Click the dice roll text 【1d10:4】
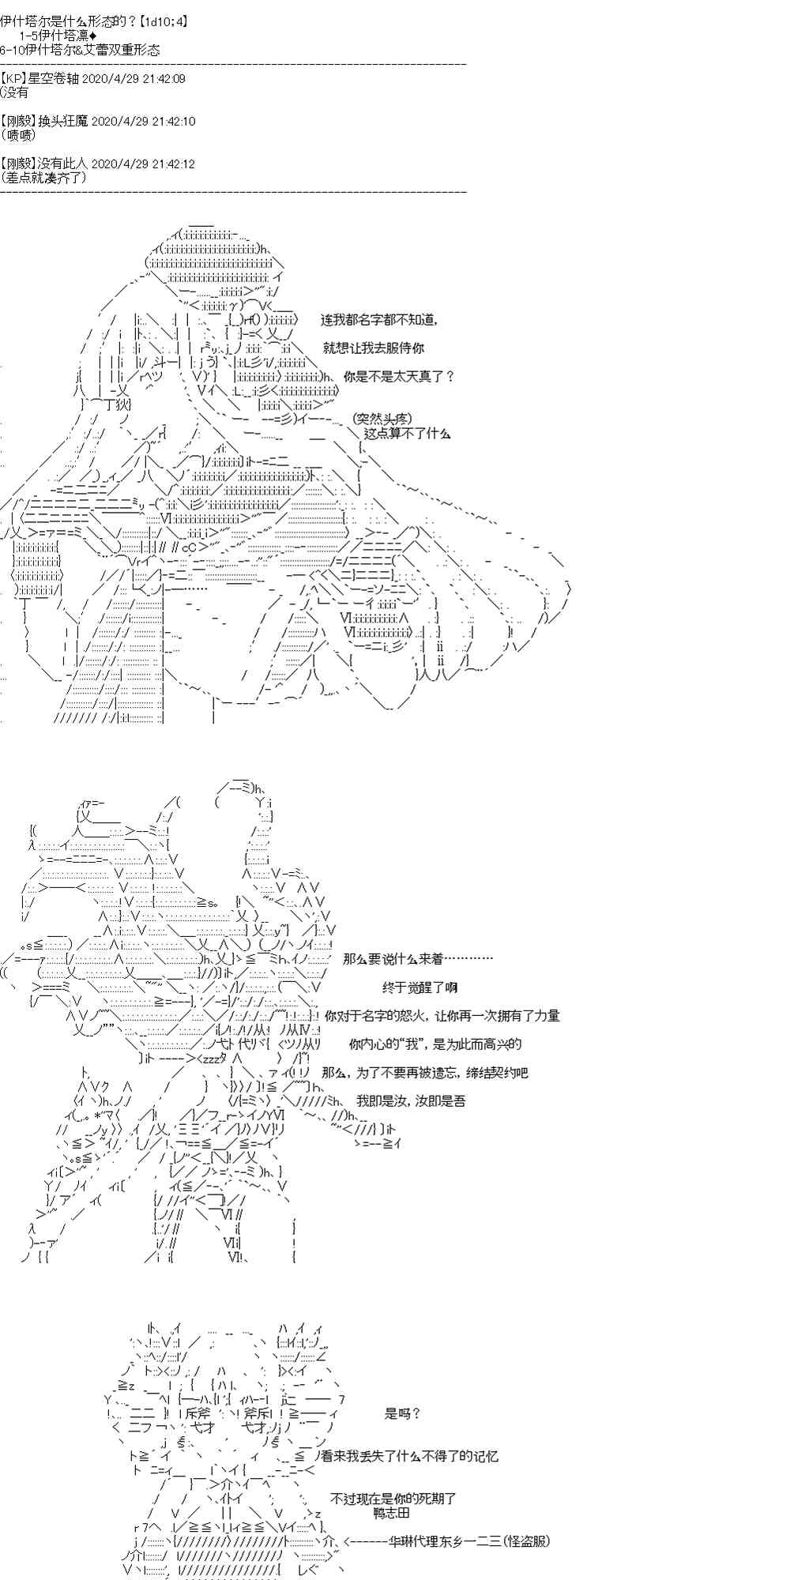pos(158,21)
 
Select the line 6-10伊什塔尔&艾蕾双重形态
pos(81,50)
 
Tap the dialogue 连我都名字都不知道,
pos(379,320)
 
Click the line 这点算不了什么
pos(408,432)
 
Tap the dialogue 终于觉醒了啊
pos(420,987)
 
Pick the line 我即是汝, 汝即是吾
pos(411,1100)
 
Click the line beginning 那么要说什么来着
pos(418,958)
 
